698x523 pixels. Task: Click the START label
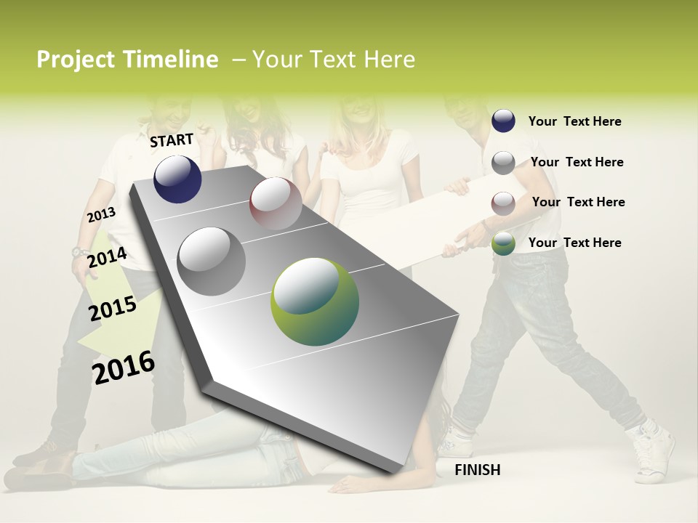point(172,140)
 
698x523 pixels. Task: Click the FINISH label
point(477,470)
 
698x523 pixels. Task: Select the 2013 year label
point(101,215)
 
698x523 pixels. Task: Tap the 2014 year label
point(107,258)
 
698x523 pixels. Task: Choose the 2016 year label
point(124,367)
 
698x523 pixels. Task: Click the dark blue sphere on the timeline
point(177,179)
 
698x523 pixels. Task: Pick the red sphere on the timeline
point(276,203)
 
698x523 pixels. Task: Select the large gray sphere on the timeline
point(212,261)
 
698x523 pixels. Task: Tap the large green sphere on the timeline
point(314,301)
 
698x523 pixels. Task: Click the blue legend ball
point(503,121)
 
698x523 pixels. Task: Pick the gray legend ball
point(503,163)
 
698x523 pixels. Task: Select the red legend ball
point(503,203)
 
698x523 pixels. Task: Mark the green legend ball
point(503,243)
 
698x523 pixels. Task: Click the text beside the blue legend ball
point(574,121)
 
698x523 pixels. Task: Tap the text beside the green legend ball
point(574,243)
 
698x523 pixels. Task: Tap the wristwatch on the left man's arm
point(79,253)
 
